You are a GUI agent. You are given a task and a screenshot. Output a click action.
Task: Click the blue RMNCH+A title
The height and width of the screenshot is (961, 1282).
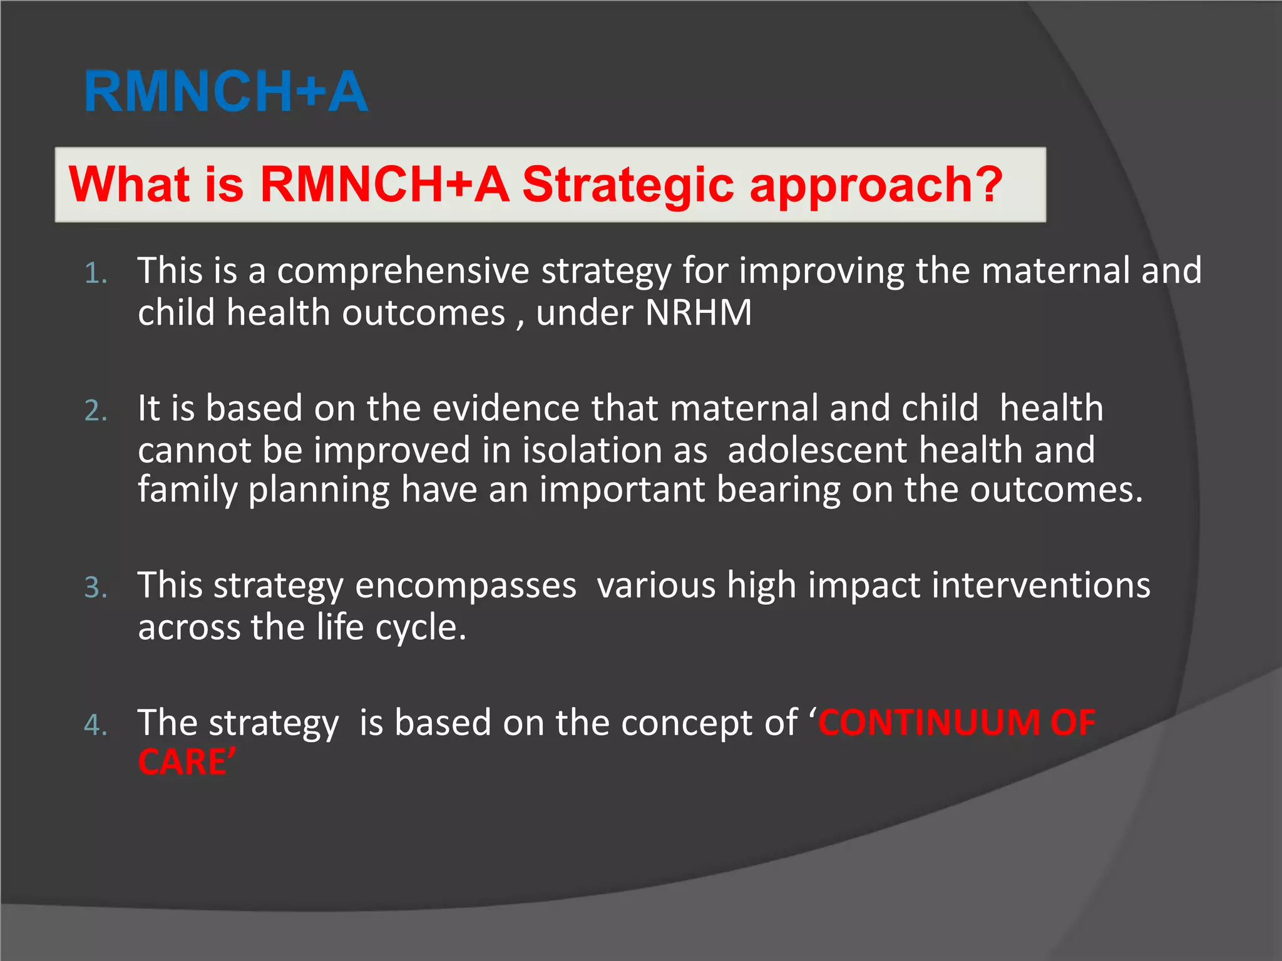pos(226,92)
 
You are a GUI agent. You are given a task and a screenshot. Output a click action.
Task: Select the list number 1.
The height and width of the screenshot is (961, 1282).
pos(95,274)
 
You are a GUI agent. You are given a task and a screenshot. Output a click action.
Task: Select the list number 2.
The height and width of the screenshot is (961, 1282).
pos(95,411)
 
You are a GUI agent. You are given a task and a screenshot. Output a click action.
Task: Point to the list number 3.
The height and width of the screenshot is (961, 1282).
pos(95,588)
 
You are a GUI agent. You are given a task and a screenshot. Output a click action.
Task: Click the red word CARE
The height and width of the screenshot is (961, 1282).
pos(182,763)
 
